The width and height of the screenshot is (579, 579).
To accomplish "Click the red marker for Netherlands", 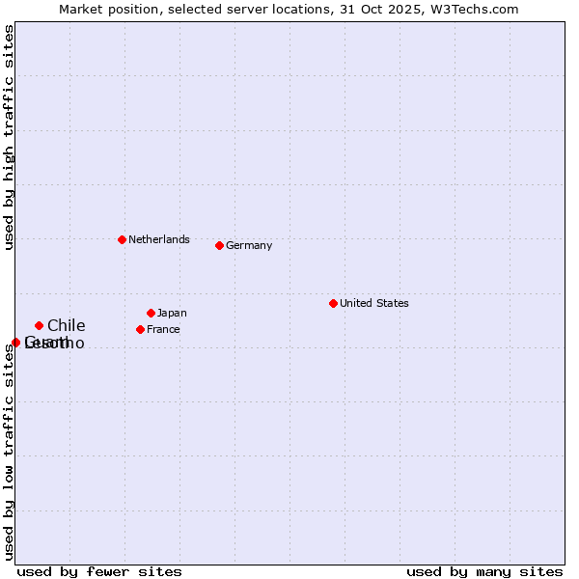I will click(x=122, y=239).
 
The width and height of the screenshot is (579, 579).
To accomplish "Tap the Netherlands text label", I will click(x=159, y=239).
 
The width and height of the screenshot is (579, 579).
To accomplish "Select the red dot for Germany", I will click(x=219, y=245).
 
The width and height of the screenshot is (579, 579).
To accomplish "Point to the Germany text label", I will click(x=249, y=245).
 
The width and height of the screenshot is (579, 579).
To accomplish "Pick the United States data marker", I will click(x=333, y=303).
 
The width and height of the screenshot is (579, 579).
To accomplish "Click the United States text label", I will click(x=374, y=303).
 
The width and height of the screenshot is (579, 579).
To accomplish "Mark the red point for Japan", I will click(x=151, y=313).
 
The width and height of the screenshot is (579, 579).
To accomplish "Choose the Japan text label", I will click(x=172, y=313).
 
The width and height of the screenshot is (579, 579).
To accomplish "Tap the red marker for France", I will click(x=140, y=329).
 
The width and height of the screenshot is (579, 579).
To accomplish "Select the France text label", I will click(x=163, y=329).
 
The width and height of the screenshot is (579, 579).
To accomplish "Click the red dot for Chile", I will click(x=39, y=325).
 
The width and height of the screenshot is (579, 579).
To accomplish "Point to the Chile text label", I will click(x=66, y=325).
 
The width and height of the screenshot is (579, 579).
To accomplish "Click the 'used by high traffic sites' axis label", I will click(x=9, y=138).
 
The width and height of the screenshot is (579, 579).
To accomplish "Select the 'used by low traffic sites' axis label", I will click(x=9, y=452).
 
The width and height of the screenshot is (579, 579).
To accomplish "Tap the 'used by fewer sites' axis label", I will click(x=99, y=571).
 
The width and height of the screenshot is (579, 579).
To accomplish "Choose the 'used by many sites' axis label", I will click(x=484, y=571).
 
